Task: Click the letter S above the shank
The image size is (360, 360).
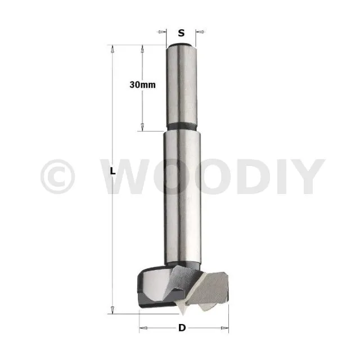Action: (181, 33)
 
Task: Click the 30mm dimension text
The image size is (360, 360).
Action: (142, 85)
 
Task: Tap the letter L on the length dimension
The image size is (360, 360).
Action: (112, 171)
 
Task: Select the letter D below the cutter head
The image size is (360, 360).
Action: (182, 327)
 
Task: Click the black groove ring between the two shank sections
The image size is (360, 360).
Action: (182, 127)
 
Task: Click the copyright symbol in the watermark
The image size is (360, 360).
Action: (57, 176)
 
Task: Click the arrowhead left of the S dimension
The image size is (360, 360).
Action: (162, 31)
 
